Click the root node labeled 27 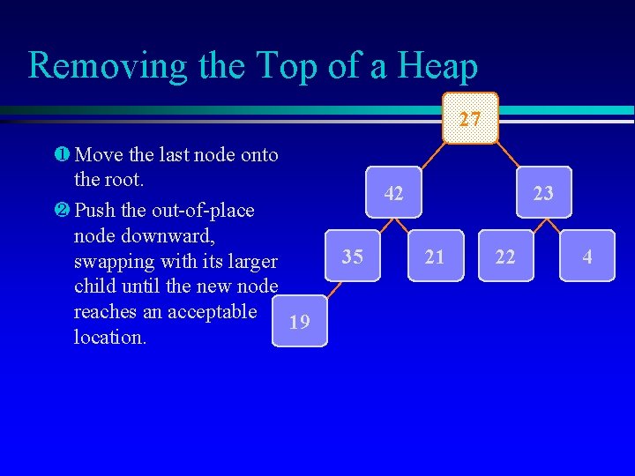pyautogui.click(x=471, y=118)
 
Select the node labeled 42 pyautogui.click(x=393, y=192)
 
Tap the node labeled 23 pyautogui.click(x=543, y=192)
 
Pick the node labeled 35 pyautogui.click(x=352, y=257)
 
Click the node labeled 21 pyautogui.click(x=435, y=257)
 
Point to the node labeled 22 pyautogui.click(x=505, y=257)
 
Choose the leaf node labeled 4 pyautogui.click(x=586, y=257)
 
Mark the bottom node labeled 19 pyautogui.click(x=300, y=322)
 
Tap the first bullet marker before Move pyautogui.click(x=60, y=156)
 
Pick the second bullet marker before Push pyautogui.click(x=60, y=211)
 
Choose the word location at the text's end pyautogui.click(x=110, y=338)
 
